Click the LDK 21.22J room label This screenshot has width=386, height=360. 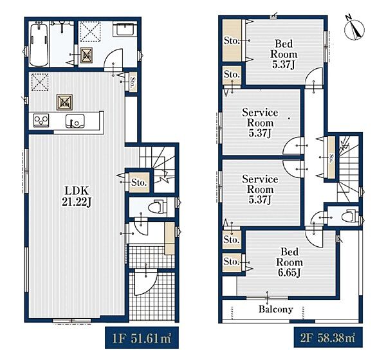tap(77, 196)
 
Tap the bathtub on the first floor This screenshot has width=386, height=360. tap(39, 44)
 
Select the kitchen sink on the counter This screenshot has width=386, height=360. tap(75, 121)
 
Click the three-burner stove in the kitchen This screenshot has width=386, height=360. tap(41, 120)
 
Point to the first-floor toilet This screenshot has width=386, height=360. tap(158, 206)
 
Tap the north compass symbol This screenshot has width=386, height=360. tap(354, 28)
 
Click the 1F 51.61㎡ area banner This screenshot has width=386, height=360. tap(142, 337)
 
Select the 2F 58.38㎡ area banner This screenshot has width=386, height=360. tap(328, 337)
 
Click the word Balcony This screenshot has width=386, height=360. tap(276, 309)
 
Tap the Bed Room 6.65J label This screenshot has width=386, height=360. tap(289, 262)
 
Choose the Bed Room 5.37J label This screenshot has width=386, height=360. tap(284, 54)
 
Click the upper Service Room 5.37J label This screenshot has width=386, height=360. tap(260, 123)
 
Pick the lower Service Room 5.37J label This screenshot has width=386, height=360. tap(260, 189)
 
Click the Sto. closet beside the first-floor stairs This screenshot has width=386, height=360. tap(139, 183)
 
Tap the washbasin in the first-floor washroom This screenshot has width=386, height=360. tap(125, 30)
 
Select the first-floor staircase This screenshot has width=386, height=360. tap(157, 169)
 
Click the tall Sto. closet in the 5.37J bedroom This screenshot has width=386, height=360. tap(232, 40)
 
